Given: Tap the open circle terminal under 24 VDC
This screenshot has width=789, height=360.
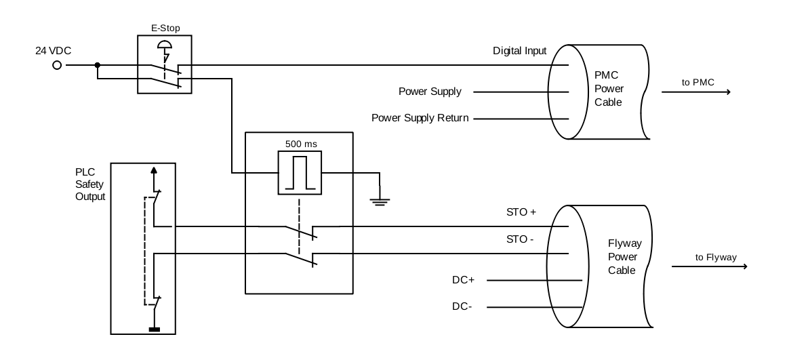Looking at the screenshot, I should click(x=57, y=65).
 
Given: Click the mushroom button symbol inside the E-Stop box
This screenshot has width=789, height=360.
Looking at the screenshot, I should click(x=163, y=46).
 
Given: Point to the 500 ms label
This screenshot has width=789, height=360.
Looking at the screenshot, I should click(x=299, y=144).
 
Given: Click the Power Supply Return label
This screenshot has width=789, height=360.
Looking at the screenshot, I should click(x=420, y=118).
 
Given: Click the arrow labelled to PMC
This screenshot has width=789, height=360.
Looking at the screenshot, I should click(x=705, y=92).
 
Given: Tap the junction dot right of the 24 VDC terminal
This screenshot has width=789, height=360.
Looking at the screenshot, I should click(x=98, y=65).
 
